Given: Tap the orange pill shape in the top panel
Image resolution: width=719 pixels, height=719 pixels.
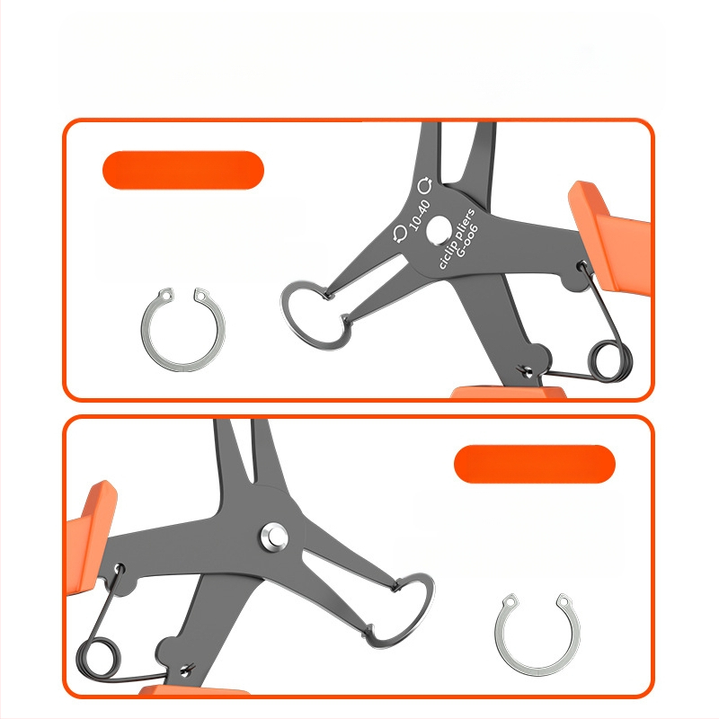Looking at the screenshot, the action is pyautogui.click(x=183, y=170).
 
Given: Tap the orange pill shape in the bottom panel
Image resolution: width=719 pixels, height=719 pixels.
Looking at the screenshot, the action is pyautogui.click(x=534, y=464).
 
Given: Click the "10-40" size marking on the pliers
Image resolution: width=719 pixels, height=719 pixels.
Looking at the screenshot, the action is pyautogui.click(x=420, y=215).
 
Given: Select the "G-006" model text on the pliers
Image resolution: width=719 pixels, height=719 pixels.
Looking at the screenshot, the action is pyautogui.click(x=467, y=240).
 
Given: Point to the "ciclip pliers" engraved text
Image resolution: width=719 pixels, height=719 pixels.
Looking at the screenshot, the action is pyautogui.click(x=457, y=239).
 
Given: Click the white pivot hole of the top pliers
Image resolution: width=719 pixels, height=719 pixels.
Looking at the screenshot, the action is pyautogui.click(x=438, y=230).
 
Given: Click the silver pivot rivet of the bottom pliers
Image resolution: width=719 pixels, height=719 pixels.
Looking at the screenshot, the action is pyautogui.click(x=274, y=536).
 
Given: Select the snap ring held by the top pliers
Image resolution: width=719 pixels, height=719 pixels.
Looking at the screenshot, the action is pyautogui.click(x=288, y=321).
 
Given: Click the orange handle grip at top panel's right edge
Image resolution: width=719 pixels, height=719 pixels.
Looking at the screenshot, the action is pyautogui.click(x=610, y=238).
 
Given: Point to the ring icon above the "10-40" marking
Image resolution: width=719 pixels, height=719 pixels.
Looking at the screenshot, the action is pyautogui.click(x=425, y=185).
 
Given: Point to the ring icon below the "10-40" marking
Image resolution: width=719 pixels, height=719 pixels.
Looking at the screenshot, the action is pyautogui.click(x=400, y=234).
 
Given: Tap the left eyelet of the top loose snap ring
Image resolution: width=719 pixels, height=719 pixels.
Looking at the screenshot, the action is pyautogui.click(x=165, y=294).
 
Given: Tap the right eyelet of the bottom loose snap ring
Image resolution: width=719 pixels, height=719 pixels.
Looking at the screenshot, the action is pyautogui.click(x=564, y=600).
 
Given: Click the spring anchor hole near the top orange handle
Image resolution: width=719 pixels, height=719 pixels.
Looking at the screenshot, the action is pyautogui.click(x=582, y=265).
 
